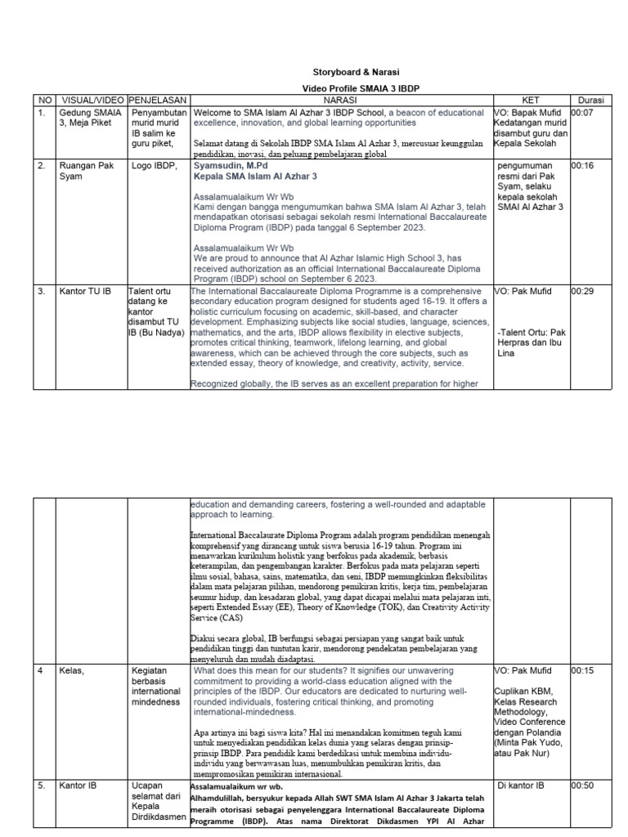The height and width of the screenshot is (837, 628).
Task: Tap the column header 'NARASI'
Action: coord(341,100)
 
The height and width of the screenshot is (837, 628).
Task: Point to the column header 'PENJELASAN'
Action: coord(158,100)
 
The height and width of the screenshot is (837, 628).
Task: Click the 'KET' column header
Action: coord(531,100)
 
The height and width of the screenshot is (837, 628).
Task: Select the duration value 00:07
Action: coord(583,112)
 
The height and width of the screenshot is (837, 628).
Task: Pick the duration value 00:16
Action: coord(583,165)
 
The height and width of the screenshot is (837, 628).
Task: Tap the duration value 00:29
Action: coord(583,292)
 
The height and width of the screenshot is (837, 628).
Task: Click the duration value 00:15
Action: coord(583,670)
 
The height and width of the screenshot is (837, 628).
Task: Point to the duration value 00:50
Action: coord(583,786)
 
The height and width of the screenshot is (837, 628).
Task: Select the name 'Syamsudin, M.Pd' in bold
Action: coord(232,165)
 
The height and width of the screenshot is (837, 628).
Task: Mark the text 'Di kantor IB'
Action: coord(521,786)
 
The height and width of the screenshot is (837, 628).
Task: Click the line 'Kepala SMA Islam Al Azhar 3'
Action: coord(255,176)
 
